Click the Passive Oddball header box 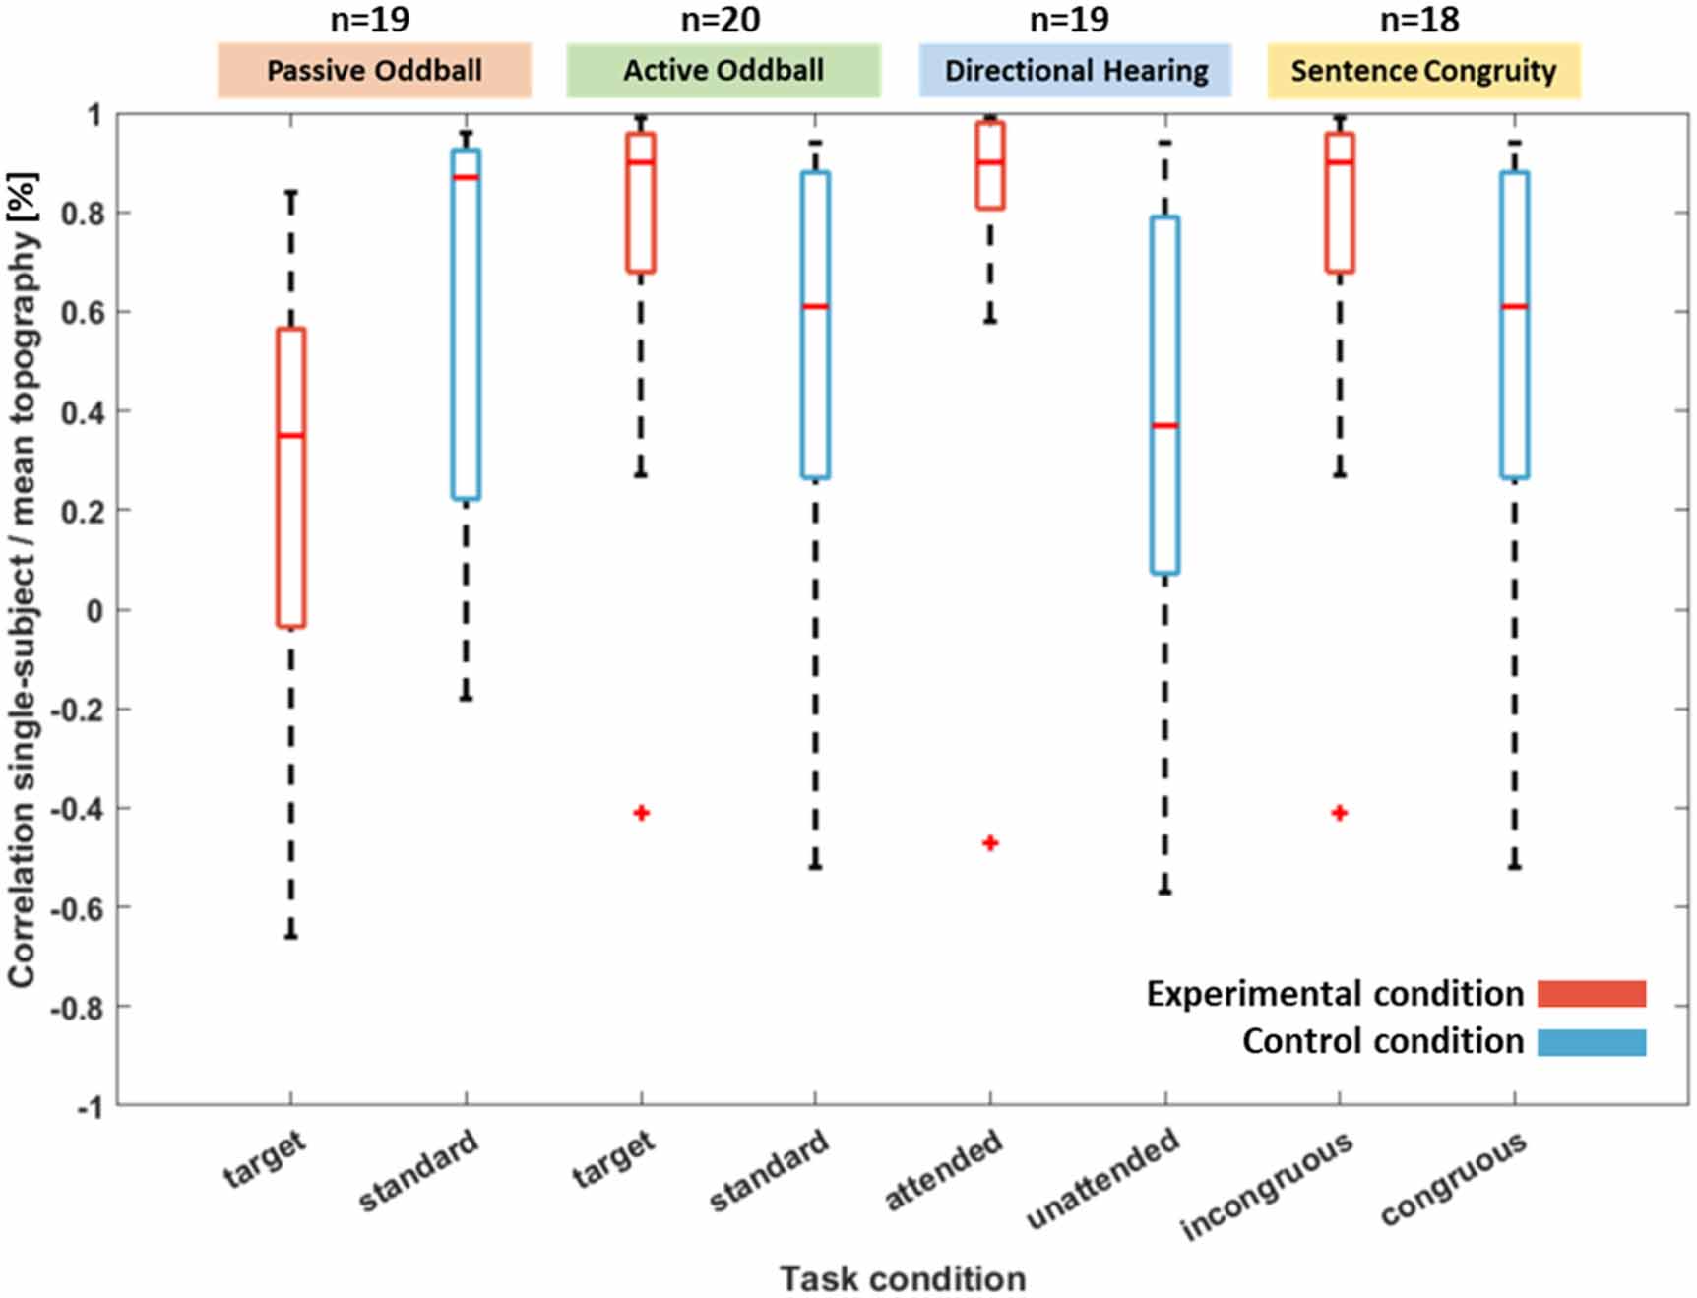coord(374,71)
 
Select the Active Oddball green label coord(723,71)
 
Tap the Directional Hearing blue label coord(1075,71)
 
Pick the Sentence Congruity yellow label coord(1423,71)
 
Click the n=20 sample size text coord(720,20)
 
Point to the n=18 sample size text coord(1418,20)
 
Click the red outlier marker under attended coord(990,843)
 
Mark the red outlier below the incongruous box coord(1340,813)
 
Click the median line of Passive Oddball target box coord(291,435)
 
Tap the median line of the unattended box coord(1164,425)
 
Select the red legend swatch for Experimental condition coord(1592,994)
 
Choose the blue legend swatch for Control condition coord(1592,1042)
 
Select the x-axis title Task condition coord(903,1278)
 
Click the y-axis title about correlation coord(24,581)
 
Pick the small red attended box coord(990,165)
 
